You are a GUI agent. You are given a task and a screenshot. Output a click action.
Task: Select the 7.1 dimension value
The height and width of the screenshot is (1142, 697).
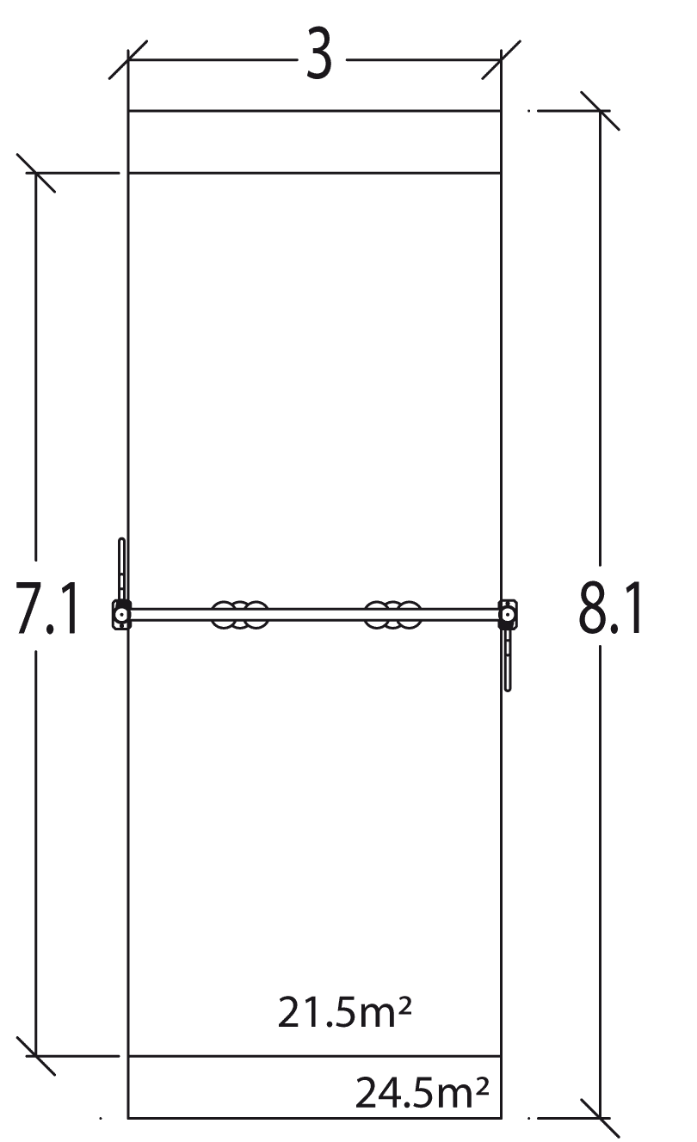pyautogui.click(x=48, y=608)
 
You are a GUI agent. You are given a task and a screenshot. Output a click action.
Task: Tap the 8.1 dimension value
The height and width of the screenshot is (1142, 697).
pyautogui.click(x=610, y=608)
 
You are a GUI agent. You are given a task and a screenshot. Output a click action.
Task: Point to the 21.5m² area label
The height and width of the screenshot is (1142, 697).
pyautogui.click(x=342, y=1012)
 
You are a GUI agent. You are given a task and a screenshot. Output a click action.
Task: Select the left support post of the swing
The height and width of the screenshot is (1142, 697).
pyautogui.click(x=121, y=615)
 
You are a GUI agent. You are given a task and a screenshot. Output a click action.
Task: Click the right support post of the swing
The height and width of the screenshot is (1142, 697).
pyautogui.click(x=509, y=615)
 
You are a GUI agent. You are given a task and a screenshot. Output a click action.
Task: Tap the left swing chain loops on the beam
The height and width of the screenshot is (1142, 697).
pyautogui.click(x=240, y=615)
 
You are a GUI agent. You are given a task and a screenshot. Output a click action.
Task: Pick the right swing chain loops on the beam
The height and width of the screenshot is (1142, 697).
pyautogui.click(x=393, y=615)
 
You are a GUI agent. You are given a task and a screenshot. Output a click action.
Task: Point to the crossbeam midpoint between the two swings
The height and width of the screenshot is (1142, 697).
pyautogui.click(x=317, y=615)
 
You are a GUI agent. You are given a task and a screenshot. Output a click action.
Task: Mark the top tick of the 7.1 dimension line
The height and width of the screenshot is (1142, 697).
pyautogui.click(x=35, y=173)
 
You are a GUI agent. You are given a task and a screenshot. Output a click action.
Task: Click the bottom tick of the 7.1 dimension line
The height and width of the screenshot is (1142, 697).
pyautogui.click(x=35, y=1056)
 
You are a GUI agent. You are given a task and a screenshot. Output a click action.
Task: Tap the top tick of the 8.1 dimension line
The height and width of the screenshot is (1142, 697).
pyautogui.click(x=600, y=110)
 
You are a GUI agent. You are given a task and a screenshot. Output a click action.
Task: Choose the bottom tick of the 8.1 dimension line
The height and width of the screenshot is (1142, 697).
pyautogui.click(x=600, y=1118)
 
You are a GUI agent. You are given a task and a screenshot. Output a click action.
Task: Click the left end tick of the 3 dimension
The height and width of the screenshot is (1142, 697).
pyautogui.click(x=128, y=59)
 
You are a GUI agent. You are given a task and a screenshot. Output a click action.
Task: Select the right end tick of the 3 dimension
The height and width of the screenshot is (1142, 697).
pyautogui.click(x=501, y=59)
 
